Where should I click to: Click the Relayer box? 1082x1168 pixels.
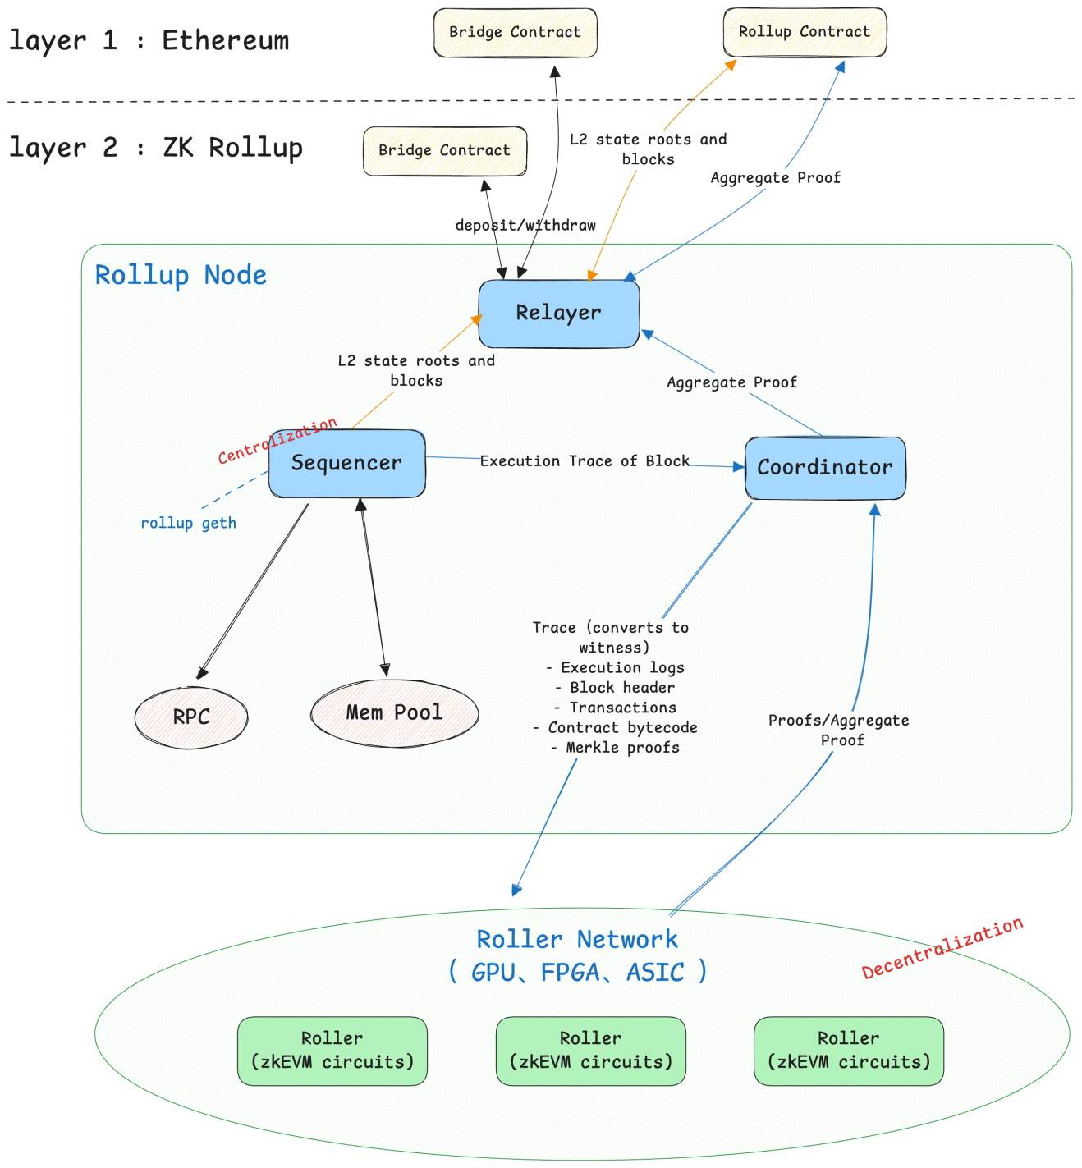558,314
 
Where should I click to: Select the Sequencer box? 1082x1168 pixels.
346,464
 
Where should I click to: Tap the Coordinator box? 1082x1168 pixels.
825,468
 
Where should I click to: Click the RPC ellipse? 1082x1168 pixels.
191,717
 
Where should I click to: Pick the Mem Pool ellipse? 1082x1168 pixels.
394,713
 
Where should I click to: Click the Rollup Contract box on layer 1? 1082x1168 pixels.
805,32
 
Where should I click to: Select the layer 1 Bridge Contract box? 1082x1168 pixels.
515,33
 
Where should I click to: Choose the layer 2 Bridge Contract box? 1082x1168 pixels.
444,151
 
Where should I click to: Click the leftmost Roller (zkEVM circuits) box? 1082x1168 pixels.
332,1051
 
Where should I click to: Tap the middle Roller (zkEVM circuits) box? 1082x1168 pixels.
590,1051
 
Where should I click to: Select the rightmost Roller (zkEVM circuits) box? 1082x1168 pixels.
849,1051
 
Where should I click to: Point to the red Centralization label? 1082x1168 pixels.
277,441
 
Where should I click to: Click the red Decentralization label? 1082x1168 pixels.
942,948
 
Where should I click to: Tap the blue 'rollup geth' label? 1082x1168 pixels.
188,524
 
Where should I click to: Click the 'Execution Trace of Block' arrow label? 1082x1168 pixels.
585,461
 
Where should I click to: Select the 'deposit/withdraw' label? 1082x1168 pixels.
525,225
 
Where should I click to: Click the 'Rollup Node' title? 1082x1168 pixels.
181,275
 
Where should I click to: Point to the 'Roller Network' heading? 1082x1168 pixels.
577,940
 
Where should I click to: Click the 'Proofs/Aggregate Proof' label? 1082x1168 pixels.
839,730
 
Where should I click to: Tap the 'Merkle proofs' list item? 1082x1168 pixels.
616,748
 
